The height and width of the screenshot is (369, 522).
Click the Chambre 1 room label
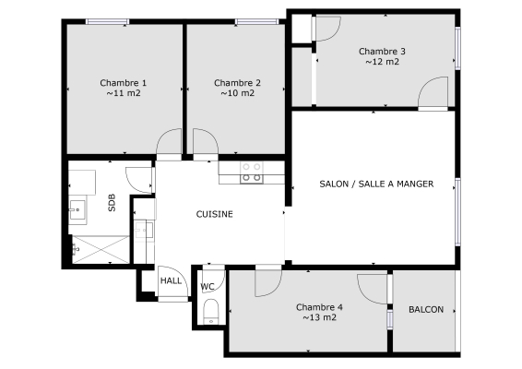(x=124, y=83)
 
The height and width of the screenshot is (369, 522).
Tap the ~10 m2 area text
(x=237, y=93)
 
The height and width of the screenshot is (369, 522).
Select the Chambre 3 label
(x=382, y=52)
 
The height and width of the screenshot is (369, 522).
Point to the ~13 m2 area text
(x=319, y=317)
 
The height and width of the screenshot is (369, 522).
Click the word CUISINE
(x=214, y=214)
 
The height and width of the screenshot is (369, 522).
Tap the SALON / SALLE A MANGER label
(x=376, y=184)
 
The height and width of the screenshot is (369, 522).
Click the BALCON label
(x=426, y=309)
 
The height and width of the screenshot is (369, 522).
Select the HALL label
(x=171, y=280)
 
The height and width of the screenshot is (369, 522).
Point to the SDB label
(x=112, y=202)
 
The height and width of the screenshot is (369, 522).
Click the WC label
(x=208, y=286)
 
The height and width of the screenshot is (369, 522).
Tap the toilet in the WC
(x=210, y=312)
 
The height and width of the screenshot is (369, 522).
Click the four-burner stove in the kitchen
(x=252, y=173)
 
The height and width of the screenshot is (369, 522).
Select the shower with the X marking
(x=101, y=249)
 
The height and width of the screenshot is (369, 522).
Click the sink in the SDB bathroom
(x=78, y=209)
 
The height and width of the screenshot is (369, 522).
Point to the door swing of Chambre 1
(x=169, y=141)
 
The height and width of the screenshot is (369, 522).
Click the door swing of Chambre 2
(x=206, y=141)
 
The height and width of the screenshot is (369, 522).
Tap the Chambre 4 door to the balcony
(x=373, y=289)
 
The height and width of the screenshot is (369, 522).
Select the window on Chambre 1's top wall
(x=107, y=21)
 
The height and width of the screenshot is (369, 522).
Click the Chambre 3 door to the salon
(x=433, y=92)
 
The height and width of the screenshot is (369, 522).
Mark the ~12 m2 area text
(x=382, y=62)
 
